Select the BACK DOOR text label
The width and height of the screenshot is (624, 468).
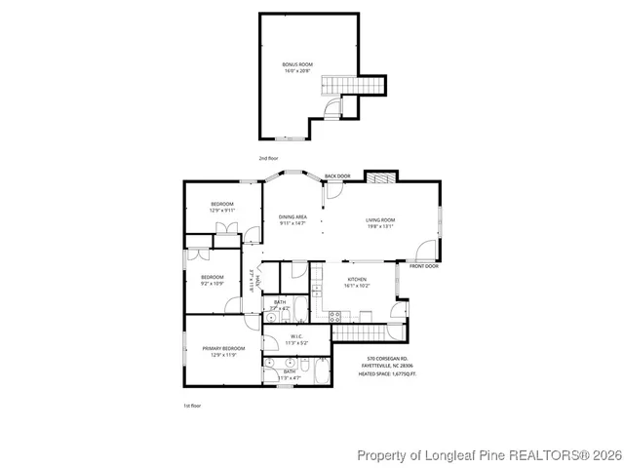[x=337, y=176]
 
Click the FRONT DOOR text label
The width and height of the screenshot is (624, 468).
[x=424, y=266]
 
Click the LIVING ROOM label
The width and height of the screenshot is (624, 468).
[x=380, y=220]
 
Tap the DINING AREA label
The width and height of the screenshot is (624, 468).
[x=292, y=216]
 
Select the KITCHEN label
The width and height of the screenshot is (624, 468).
[x=357, y=280]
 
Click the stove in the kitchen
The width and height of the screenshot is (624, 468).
[x=334, y=315]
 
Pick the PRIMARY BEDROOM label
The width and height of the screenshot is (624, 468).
[x=223, y=348]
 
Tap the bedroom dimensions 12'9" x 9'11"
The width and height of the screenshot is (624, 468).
[x=222, y=210]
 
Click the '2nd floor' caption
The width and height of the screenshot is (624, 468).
[x=268, y=158]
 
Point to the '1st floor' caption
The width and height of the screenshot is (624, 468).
[x=192, y=405]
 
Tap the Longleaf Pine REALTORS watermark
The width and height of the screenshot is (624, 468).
[x=487, y=455]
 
